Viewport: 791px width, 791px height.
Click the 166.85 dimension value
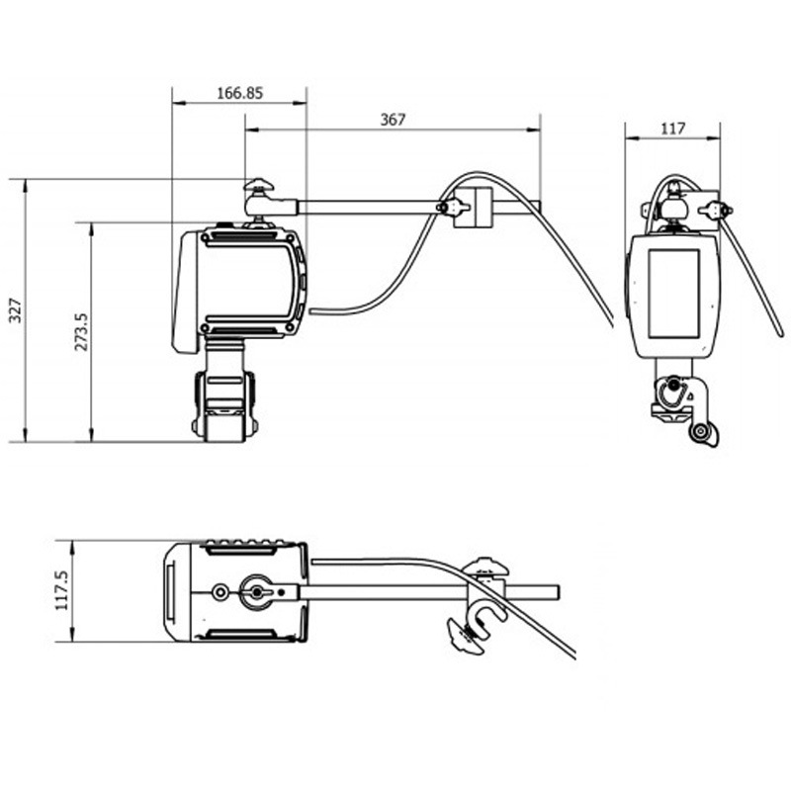tap(239, 93)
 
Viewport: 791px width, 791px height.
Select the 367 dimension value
tap(393, 120)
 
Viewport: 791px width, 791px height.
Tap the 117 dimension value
tap(673, 129)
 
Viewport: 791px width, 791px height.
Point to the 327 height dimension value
tap(16, 310)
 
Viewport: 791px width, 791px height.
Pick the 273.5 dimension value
tap(81, 331)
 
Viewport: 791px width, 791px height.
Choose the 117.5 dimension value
tap(61, 590)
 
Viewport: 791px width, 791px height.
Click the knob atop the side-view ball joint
tap(259, 185)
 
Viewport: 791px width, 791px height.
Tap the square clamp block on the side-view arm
tap(473, 208)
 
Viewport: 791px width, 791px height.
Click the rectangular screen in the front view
tap(673, 294)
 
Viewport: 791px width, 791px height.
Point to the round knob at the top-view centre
tap(257, 592)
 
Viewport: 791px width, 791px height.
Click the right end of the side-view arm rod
tap(540, 208)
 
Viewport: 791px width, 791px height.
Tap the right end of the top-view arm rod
tap(559, 592)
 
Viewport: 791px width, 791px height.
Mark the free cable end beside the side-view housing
tap(310, 311)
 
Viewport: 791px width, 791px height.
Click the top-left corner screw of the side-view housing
tap(206, 236)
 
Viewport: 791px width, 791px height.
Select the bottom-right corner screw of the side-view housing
tap(290, 328)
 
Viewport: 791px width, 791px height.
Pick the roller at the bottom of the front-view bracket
tap(700, 431)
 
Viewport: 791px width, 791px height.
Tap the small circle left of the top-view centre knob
tap(220, 592)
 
